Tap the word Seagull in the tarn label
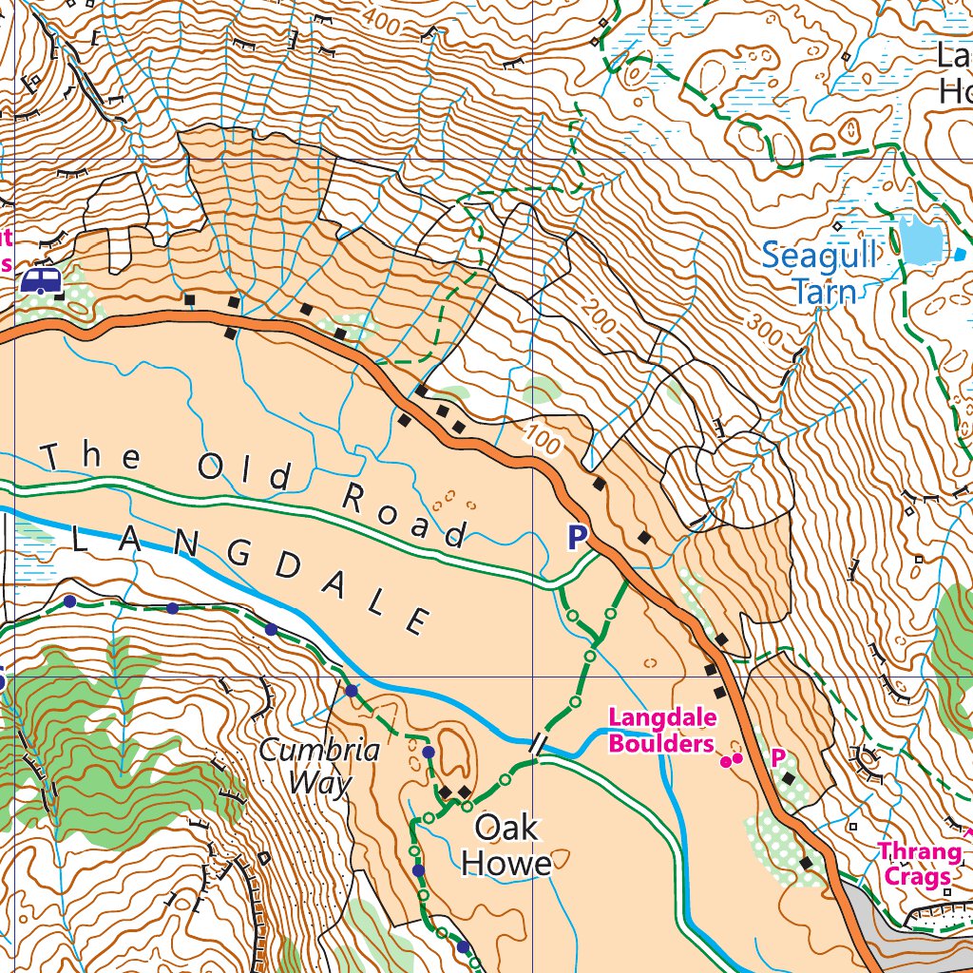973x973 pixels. pos(820,256)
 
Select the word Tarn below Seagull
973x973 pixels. pos(824,292)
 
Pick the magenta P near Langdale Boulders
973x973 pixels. pos(778,757)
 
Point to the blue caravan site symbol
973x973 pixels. pos(41,279)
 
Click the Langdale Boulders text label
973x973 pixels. pos(660,730)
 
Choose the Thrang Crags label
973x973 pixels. pos(919,862)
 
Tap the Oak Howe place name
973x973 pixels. pos(506,845)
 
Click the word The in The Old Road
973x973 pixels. pos(93,454)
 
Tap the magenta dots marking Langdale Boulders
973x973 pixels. pos(731,760)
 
